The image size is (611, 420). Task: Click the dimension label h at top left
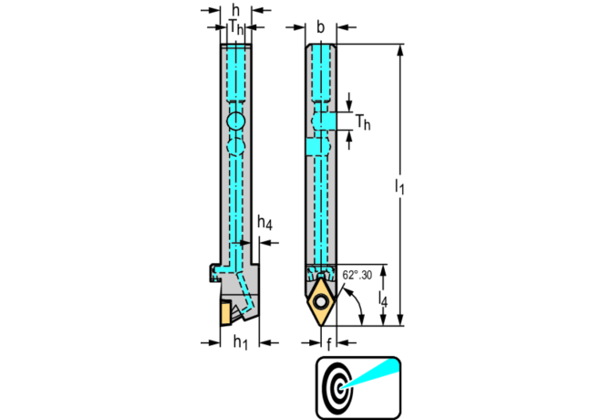(235, 10)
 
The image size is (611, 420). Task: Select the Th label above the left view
(236, 27)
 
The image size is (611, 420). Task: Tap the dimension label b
(320, 27)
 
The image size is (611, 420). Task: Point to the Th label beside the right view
(363, 122)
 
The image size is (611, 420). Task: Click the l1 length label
(399, 186)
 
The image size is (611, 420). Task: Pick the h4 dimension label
(264, 222)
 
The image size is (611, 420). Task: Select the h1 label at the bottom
(241, 342)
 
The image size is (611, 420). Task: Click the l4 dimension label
(383, 299)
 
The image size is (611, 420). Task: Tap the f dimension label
(328, 344)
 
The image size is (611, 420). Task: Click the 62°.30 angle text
(357, 275)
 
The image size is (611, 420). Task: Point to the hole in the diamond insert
(321, 301)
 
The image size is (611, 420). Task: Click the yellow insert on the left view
(225, 313)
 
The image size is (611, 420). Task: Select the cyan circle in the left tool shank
(236, 121)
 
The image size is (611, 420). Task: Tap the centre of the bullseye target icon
(340, 388)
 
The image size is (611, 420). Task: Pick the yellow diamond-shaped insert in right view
(321, 301)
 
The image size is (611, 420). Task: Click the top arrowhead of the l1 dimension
(399, 49)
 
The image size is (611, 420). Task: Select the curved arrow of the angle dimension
(358, 305)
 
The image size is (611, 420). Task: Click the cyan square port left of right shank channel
(313, 147)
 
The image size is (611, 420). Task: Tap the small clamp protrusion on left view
(214, 273)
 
